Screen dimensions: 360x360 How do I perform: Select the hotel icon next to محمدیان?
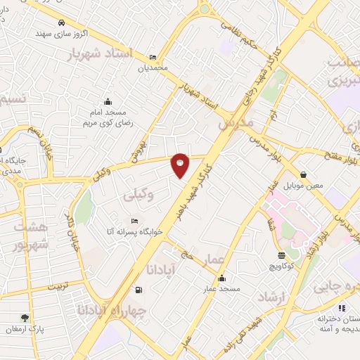pyautogui.click(x=153, y=58)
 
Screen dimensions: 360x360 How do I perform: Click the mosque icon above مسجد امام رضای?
pyautogui.click(x=107, y=101)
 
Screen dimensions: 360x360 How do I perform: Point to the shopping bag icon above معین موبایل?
pyautogui.click(x=303, y=174)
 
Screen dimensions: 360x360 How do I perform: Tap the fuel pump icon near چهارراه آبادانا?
pyautogui.click(x=137, y=289)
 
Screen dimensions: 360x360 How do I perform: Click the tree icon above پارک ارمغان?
pyautogui.click(x=25, y=318)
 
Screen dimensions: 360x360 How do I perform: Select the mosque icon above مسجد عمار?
pyautogui.click(x=221, y=278)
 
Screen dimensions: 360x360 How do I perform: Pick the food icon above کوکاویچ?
pyautogui.click(x=282, y=256)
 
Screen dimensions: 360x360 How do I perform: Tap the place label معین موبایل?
pyautogui.click(x=303, y=187)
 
